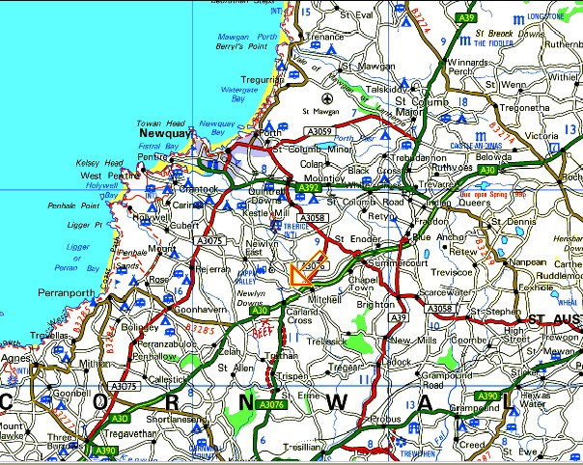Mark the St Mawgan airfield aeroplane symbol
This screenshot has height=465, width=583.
tap(327, 97)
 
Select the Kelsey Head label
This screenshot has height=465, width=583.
tap(98, 164)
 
